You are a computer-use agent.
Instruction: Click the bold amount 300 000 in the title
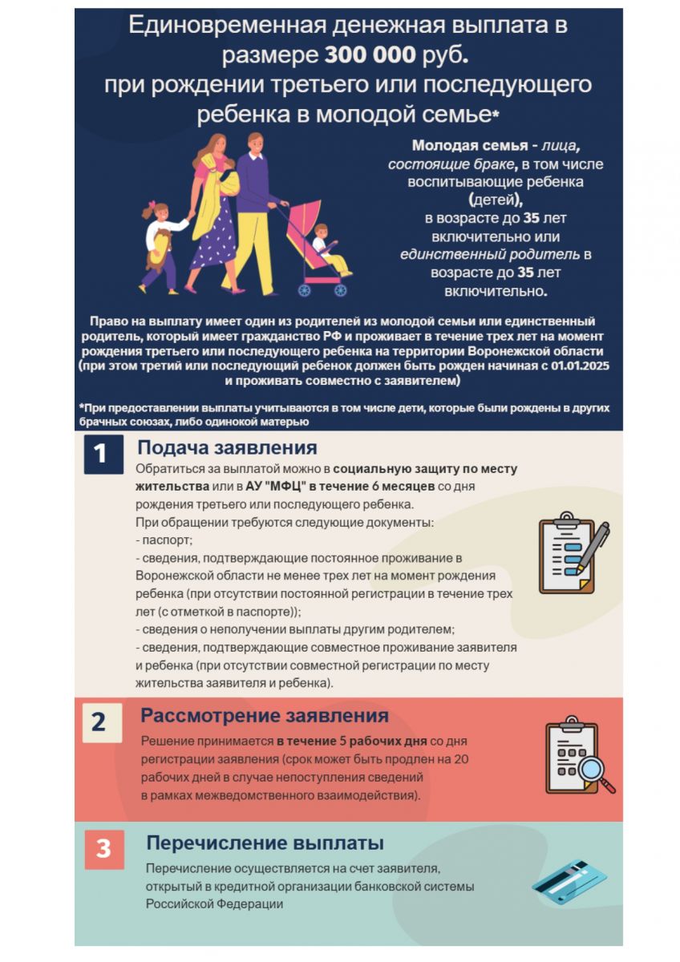point(370,55)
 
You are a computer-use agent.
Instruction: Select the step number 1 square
point(101,454)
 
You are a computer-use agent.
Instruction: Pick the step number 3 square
point(103,849)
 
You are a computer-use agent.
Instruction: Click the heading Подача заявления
point(227,447)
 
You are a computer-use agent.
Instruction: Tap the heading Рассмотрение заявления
point(265,716)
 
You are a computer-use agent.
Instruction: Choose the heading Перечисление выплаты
point(265,843)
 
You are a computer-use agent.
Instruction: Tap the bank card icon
point(569,881)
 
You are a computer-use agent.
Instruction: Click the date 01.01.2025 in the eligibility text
point(570,366)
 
